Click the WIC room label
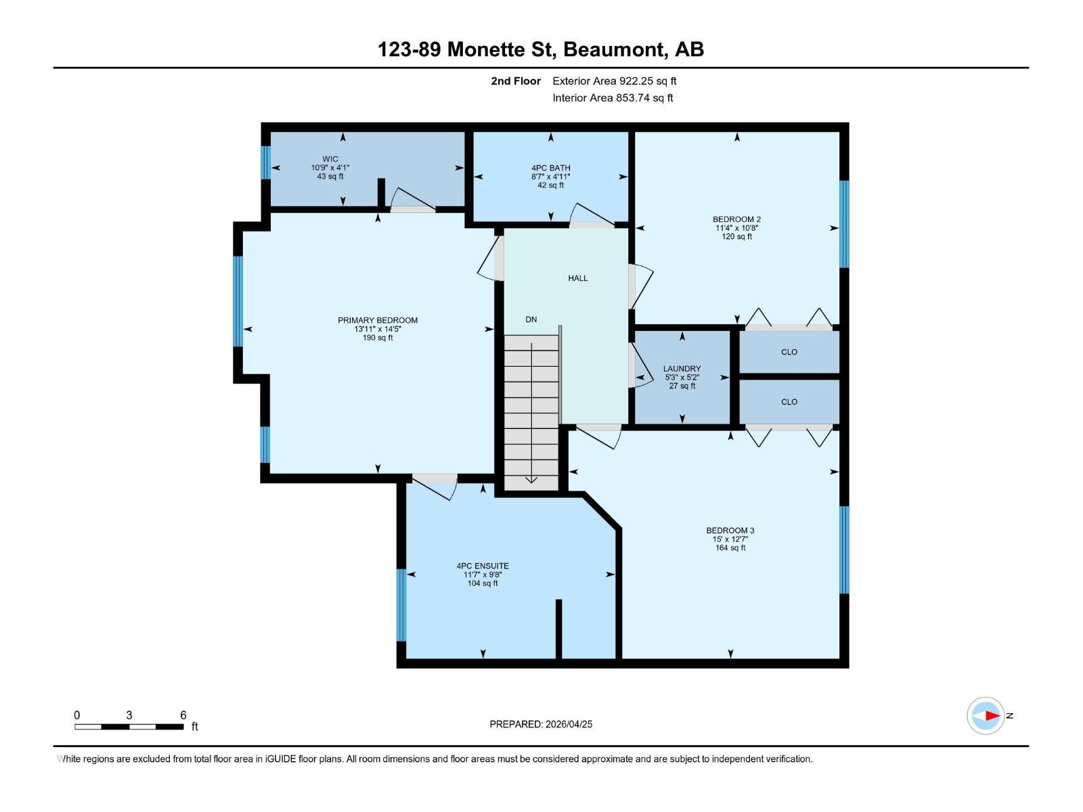click(330, 159)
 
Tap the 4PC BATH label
click(550, 168)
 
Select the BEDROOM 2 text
click(736, 219)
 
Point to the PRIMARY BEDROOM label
click(378, 320)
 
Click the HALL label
click(577, 278)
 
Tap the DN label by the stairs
click(531, 319)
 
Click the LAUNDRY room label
click(682, 369)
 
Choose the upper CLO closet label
click(789, 352)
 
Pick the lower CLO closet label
click(789, 402)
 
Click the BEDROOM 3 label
click(730, 531)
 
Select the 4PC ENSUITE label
click(483, 566)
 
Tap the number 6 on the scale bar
click(183, 715)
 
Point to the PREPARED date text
click(541, 724)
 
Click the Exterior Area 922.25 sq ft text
click(614, 81)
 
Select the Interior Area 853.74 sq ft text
click(613, 97)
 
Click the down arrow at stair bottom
click(531, 479)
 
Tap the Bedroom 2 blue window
click(844, 224)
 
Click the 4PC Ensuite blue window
click(401, 604)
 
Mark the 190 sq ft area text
click(378, 338)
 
